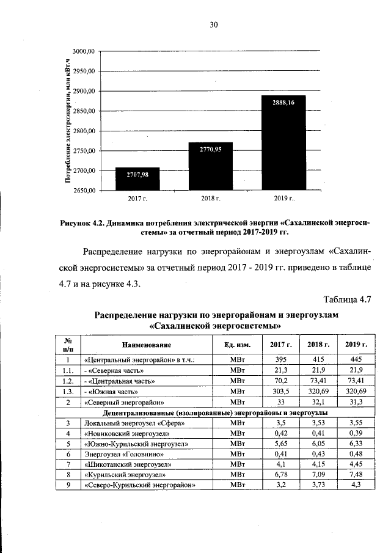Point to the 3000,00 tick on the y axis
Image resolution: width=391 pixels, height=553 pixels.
[84, 51]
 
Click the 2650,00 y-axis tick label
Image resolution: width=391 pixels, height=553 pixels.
[84, 191]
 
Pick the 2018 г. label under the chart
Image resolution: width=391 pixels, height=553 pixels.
[210, 199]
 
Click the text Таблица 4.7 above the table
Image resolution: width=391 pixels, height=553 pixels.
[346, 299]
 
